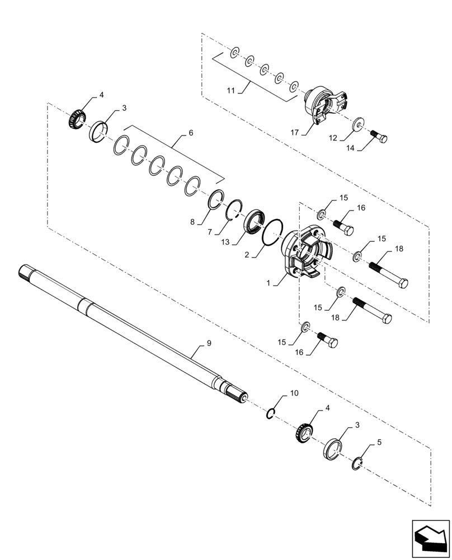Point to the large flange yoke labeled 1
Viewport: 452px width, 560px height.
click(x=302, y=255)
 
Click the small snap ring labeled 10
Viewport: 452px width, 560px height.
click(x=271, y=413)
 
